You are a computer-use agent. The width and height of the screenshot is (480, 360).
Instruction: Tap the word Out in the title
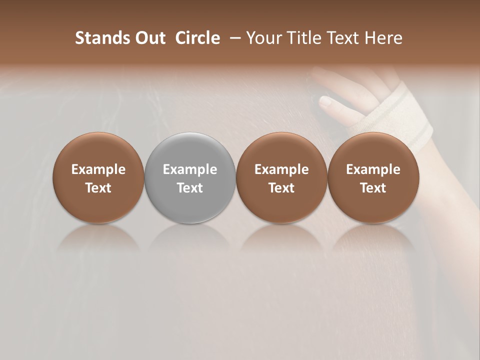(149, 38)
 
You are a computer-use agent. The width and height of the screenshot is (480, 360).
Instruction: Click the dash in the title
(233, 38)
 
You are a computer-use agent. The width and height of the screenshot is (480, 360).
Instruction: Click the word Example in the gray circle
(190, 169)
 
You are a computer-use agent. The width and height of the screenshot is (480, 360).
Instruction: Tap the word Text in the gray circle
(190, 188)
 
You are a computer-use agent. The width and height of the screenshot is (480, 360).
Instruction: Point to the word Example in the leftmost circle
(98, 169)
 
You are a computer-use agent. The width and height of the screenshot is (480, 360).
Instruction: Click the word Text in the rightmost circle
(373, 188)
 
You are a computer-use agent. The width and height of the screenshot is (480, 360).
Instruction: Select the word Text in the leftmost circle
(98, 188)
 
